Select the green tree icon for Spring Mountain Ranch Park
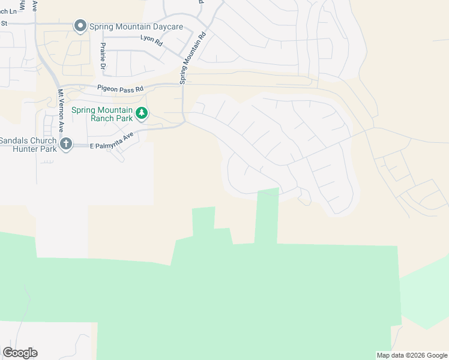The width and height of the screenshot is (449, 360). tap(142, 113)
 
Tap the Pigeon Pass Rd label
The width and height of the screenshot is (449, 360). tap(121, 89)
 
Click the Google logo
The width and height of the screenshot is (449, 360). tap(20, 353)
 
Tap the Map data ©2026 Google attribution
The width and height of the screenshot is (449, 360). tap(412, 355)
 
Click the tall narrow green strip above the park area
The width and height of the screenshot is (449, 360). tap(267, 216)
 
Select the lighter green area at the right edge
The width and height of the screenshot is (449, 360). tap(427, 294)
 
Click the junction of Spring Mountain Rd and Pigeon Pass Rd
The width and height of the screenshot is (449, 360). tap(182, 86)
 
